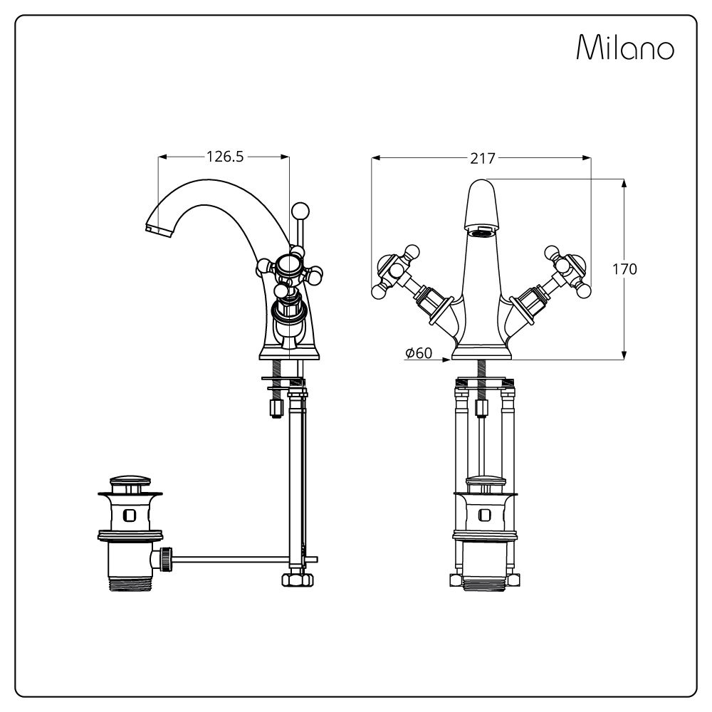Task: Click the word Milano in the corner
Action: coord(625,47)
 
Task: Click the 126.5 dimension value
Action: coord(225,156)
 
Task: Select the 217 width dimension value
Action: coord(482,159)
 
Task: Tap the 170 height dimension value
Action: coord(625,269)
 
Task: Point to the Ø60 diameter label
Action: coord(419,352)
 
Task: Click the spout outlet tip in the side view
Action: coord(158,229)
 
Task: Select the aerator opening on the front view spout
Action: coord(482,234)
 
